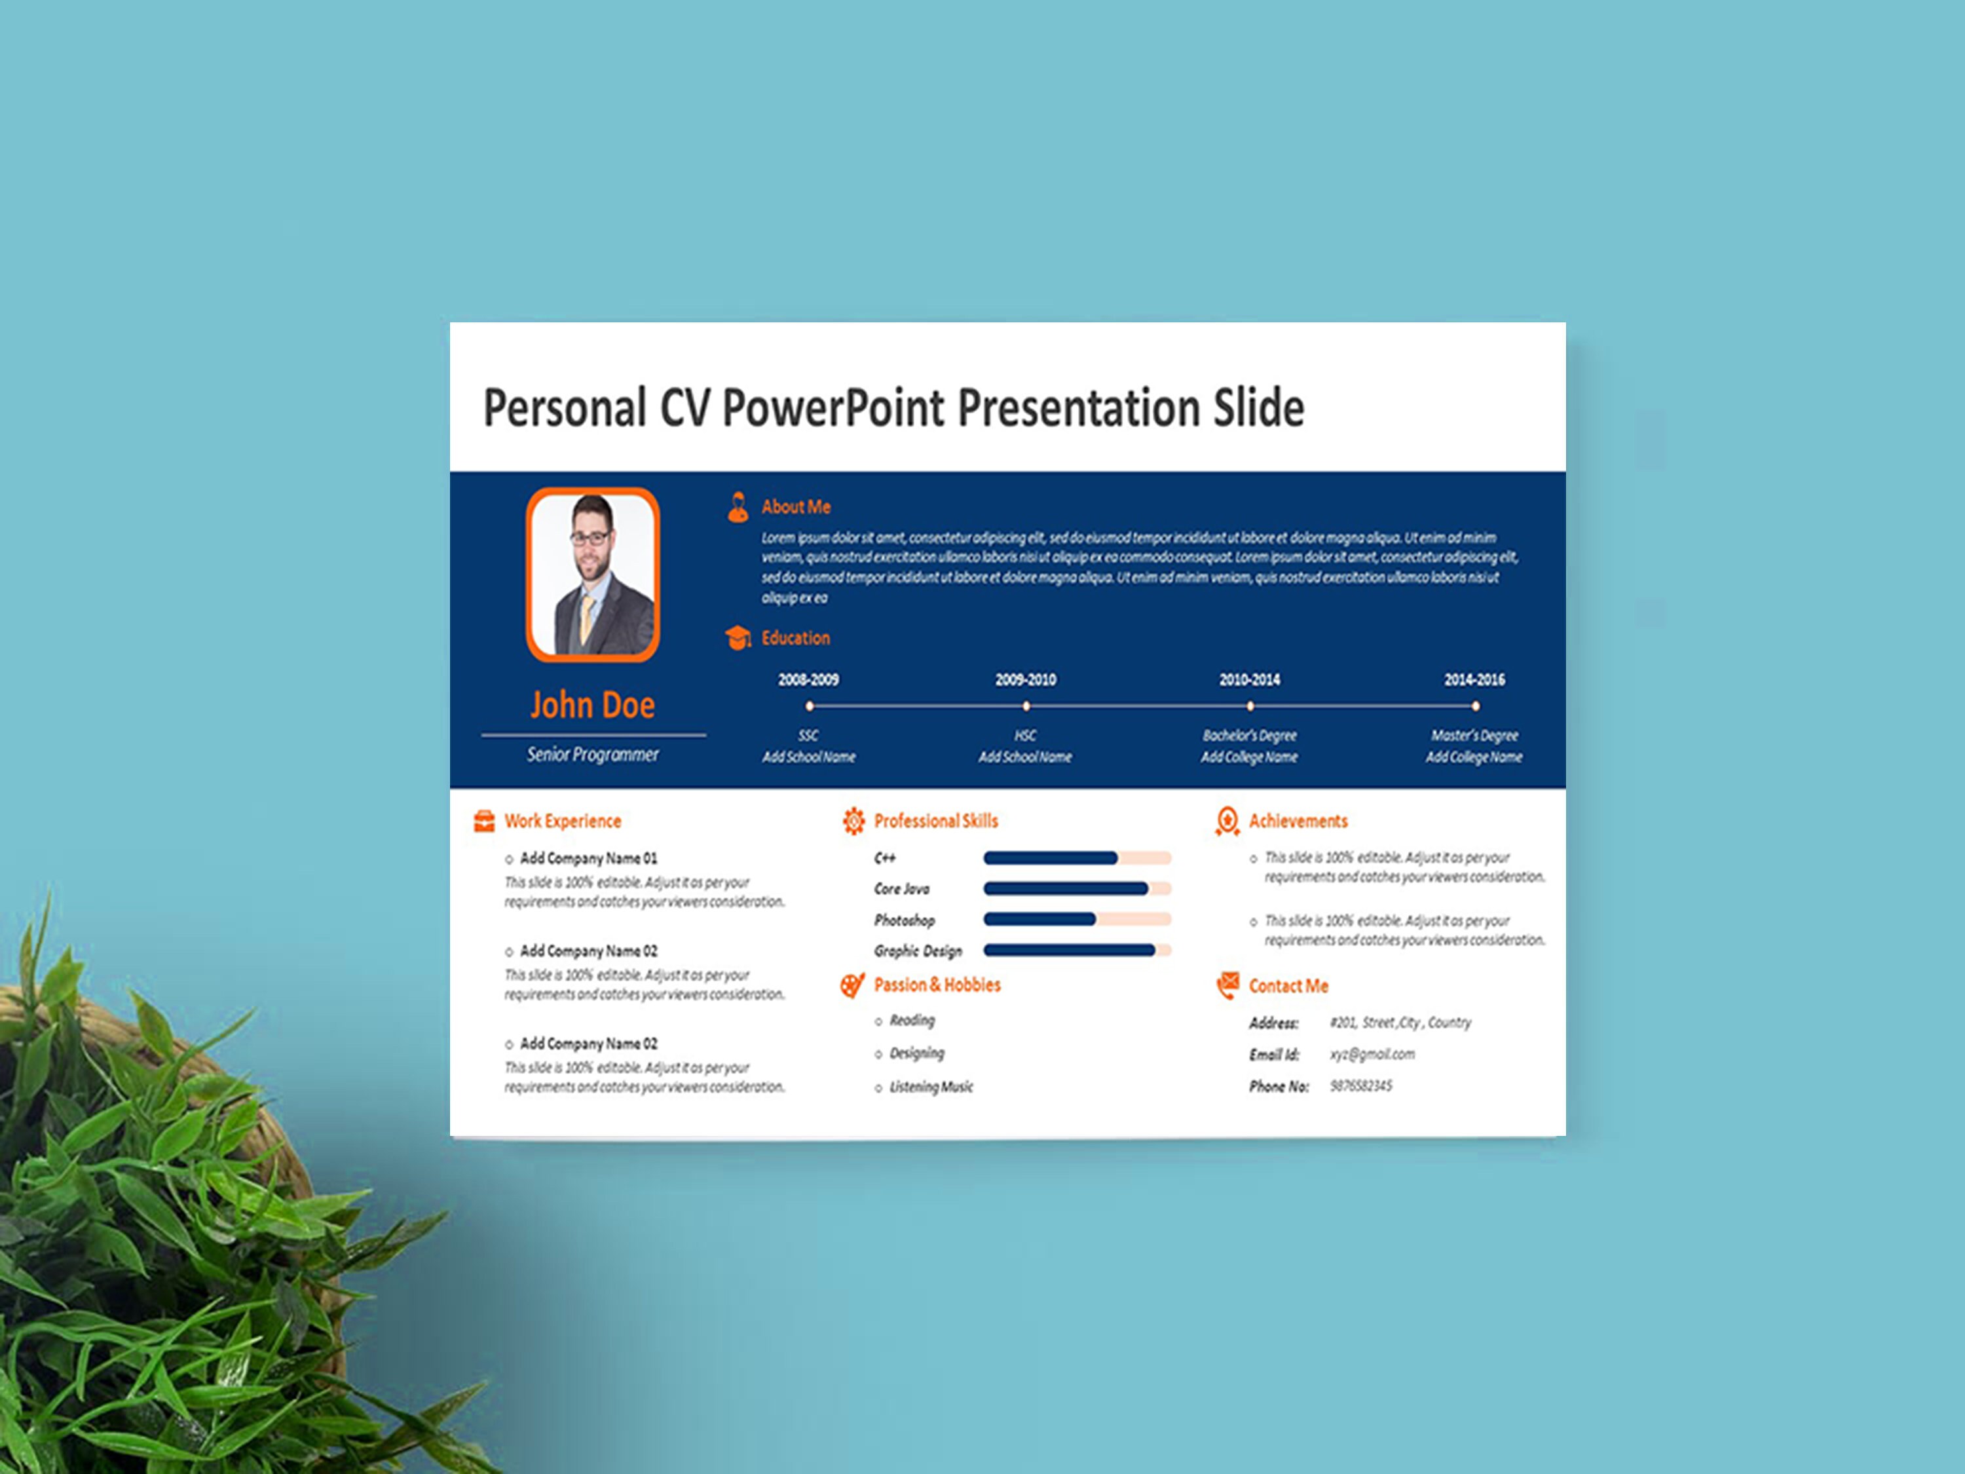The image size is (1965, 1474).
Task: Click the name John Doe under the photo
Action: [593, 706]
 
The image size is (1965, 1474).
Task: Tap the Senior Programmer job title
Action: [593, 754]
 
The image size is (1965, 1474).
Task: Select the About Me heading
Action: [795, 507]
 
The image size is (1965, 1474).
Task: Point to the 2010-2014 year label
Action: [1249, 680]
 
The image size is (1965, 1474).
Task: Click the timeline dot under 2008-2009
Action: [810, 706]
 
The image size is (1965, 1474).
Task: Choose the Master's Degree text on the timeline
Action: [1474, 736]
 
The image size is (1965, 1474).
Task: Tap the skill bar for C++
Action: [1077, 858]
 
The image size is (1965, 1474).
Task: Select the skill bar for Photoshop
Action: [1077, 920]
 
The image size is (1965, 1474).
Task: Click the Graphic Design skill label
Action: [918, 951]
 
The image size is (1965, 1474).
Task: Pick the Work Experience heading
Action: [562, 821]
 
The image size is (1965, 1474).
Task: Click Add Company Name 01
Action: [588, 858]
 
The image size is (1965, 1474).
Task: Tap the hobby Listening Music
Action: [931, 1087]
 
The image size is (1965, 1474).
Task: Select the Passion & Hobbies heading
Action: [937, 985]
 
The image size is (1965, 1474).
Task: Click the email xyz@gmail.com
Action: [1372, 1055]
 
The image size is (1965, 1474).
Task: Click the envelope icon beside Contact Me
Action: [1227, 985]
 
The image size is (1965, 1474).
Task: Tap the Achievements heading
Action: [1298, 821]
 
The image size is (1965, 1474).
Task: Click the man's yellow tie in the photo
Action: [586, 618]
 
